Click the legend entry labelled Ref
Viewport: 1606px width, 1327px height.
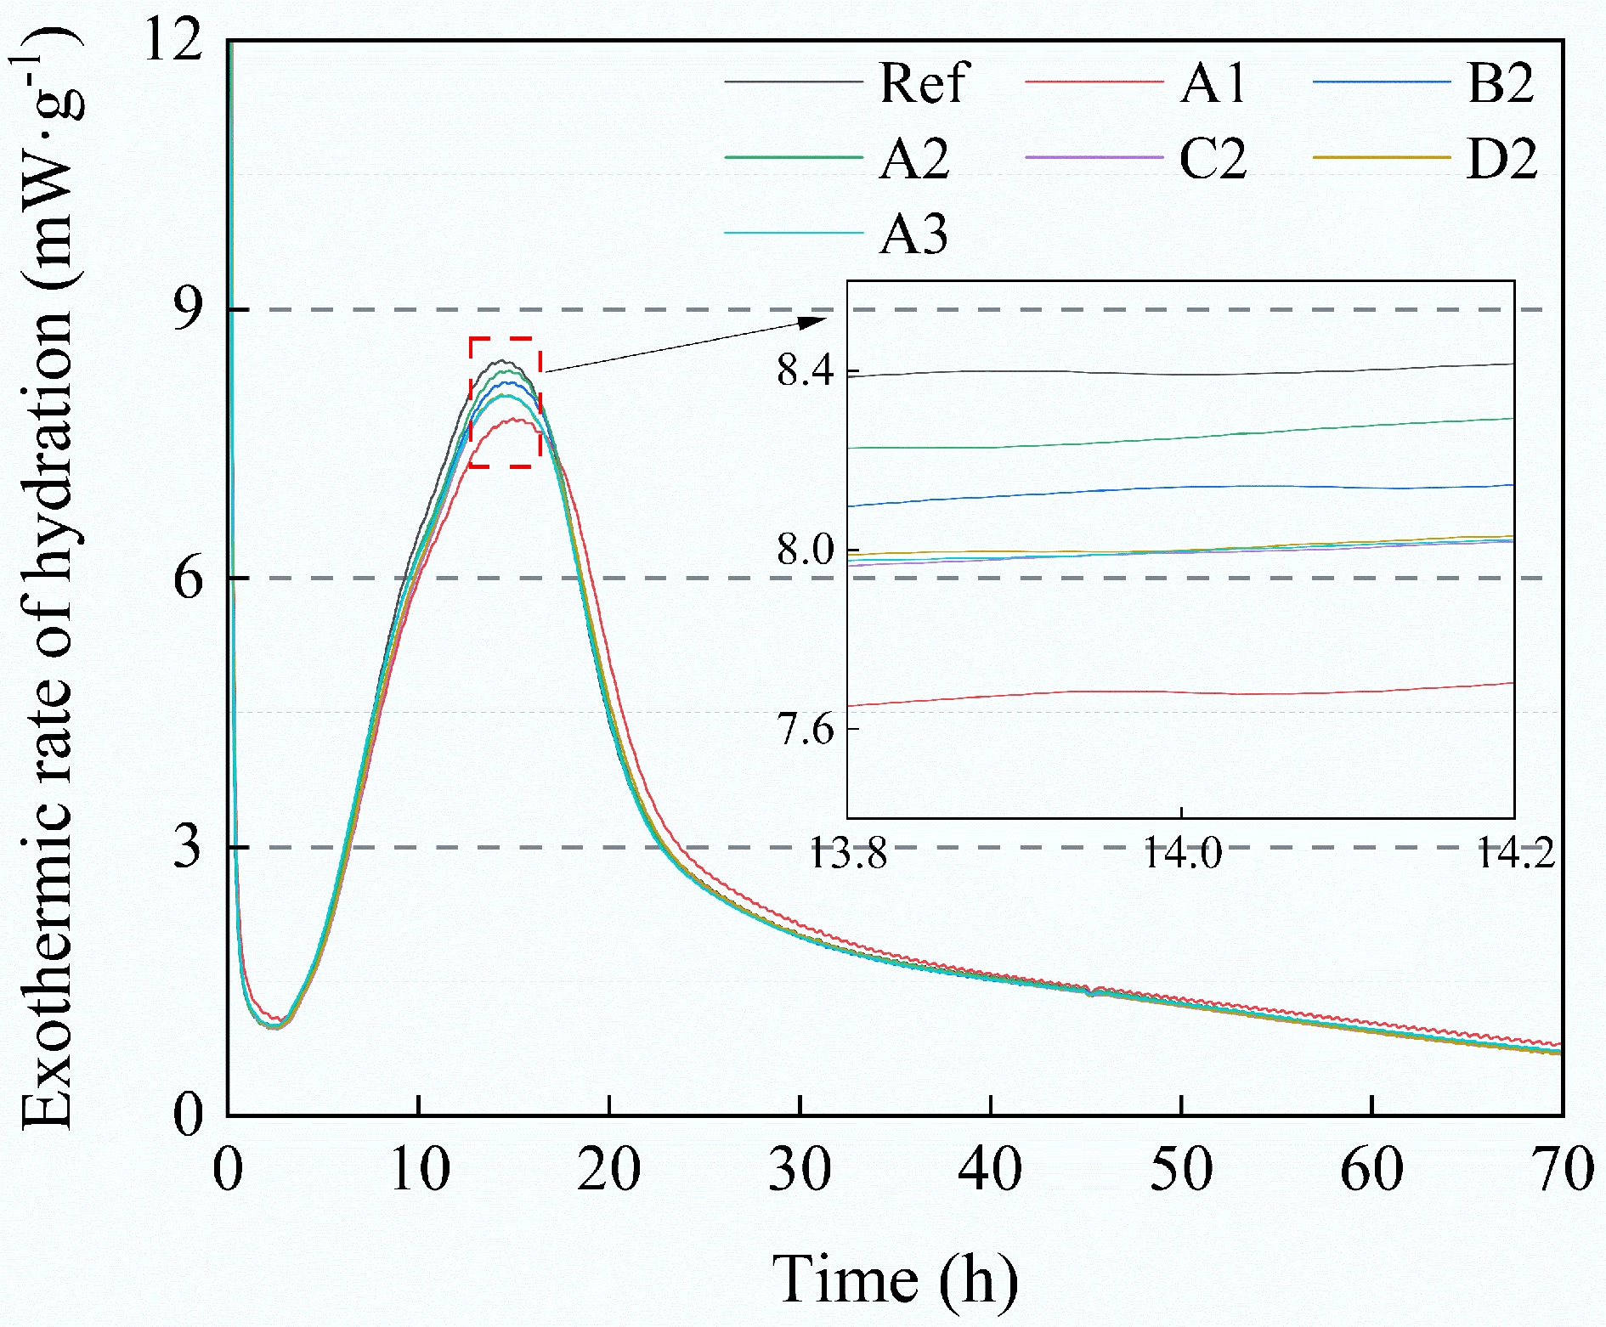(x=923, y=83)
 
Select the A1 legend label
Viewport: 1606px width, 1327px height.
(x=1213, y=83)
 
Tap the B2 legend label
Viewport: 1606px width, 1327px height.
(x=1501, y=83)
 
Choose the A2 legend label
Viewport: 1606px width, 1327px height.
(x=913, y=159)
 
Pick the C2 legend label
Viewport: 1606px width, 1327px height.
(x=1213, y=159)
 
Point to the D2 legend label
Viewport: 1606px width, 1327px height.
(x=1501, y=159)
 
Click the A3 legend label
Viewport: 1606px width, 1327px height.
(x=913, y=234)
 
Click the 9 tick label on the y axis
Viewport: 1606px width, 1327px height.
(x=188, y=309)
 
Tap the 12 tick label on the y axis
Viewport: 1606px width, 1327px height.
(x=174, y=40)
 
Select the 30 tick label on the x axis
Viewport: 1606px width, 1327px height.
(x=800, y=1170)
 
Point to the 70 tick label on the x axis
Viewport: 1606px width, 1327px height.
(x=1562, y=1170)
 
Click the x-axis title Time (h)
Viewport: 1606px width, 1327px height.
(x=895, y=1279)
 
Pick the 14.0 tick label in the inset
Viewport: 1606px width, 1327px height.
(x=1182, y=852)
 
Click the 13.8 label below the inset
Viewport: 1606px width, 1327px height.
(x=848, y=852)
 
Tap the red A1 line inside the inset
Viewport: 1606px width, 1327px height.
(x=1105, y=691)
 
